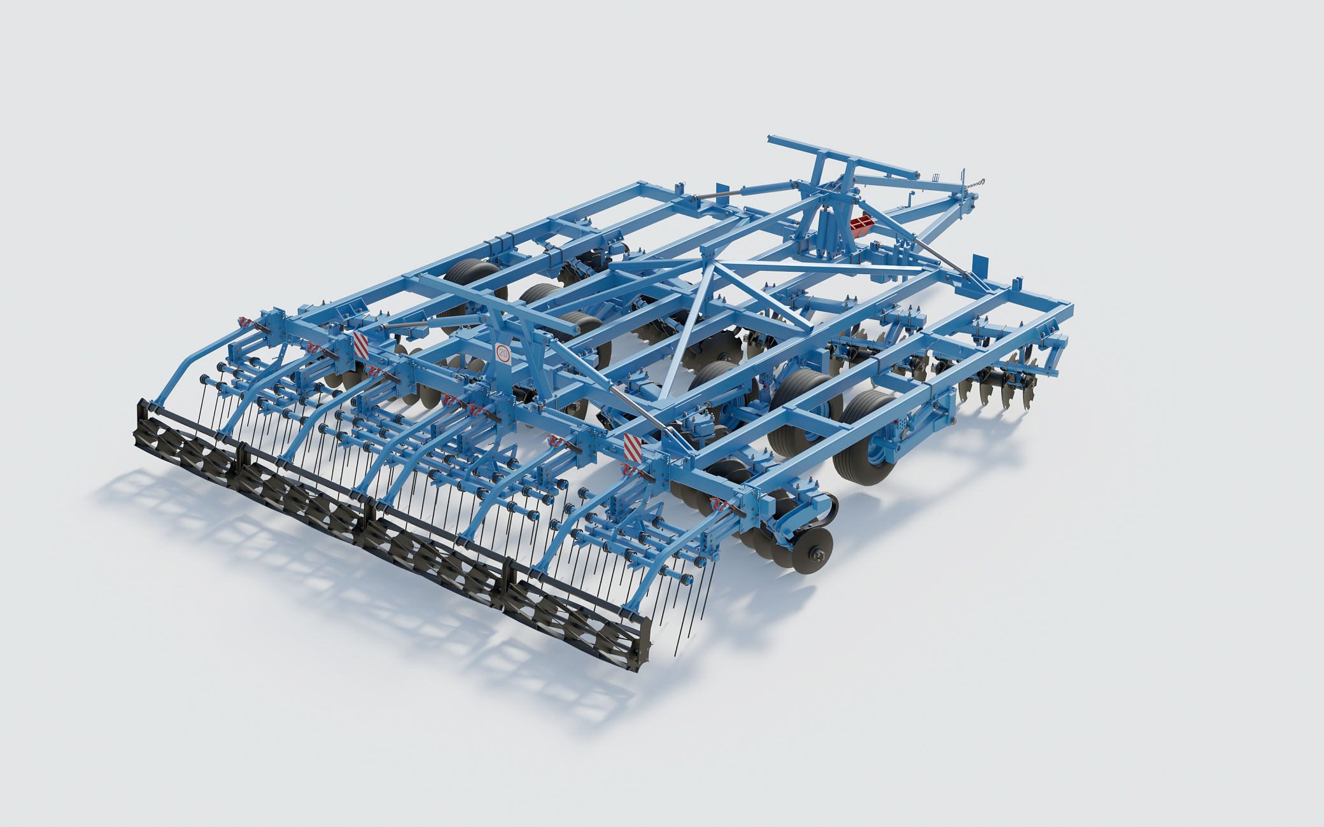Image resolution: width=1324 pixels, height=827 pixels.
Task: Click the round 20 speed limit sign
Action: pos(503,353)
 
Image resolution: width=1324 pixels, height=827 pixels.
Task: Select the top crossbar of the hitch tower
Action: pos(843,156)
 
